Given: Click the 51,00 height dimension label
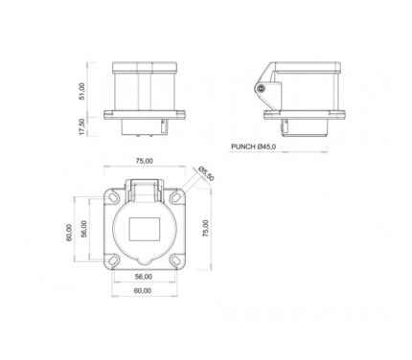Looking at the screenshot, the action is tap(82, 92).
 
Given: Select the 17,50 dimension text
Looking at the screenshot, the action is tap(82, 126).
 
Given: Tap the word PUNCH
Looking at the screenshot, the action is tap(243, 146).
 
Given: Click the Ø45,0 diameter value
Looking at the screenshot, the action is tap(266, 146).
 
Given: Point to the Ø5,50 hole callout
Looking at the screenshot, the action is tap(206, 173).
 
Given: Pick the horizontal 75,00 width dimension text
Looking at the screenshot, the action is tap(145, 161).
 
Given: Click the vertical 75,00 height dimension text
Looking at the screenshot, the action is tap(206, 228).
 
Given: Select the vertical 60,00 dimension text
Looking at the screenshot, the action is tap(69, 233).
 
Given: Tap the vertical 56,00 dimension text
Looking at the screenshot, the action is tap(83, 229).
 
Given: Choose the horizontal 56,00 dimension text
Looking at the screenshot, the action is tap(143, 277).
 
